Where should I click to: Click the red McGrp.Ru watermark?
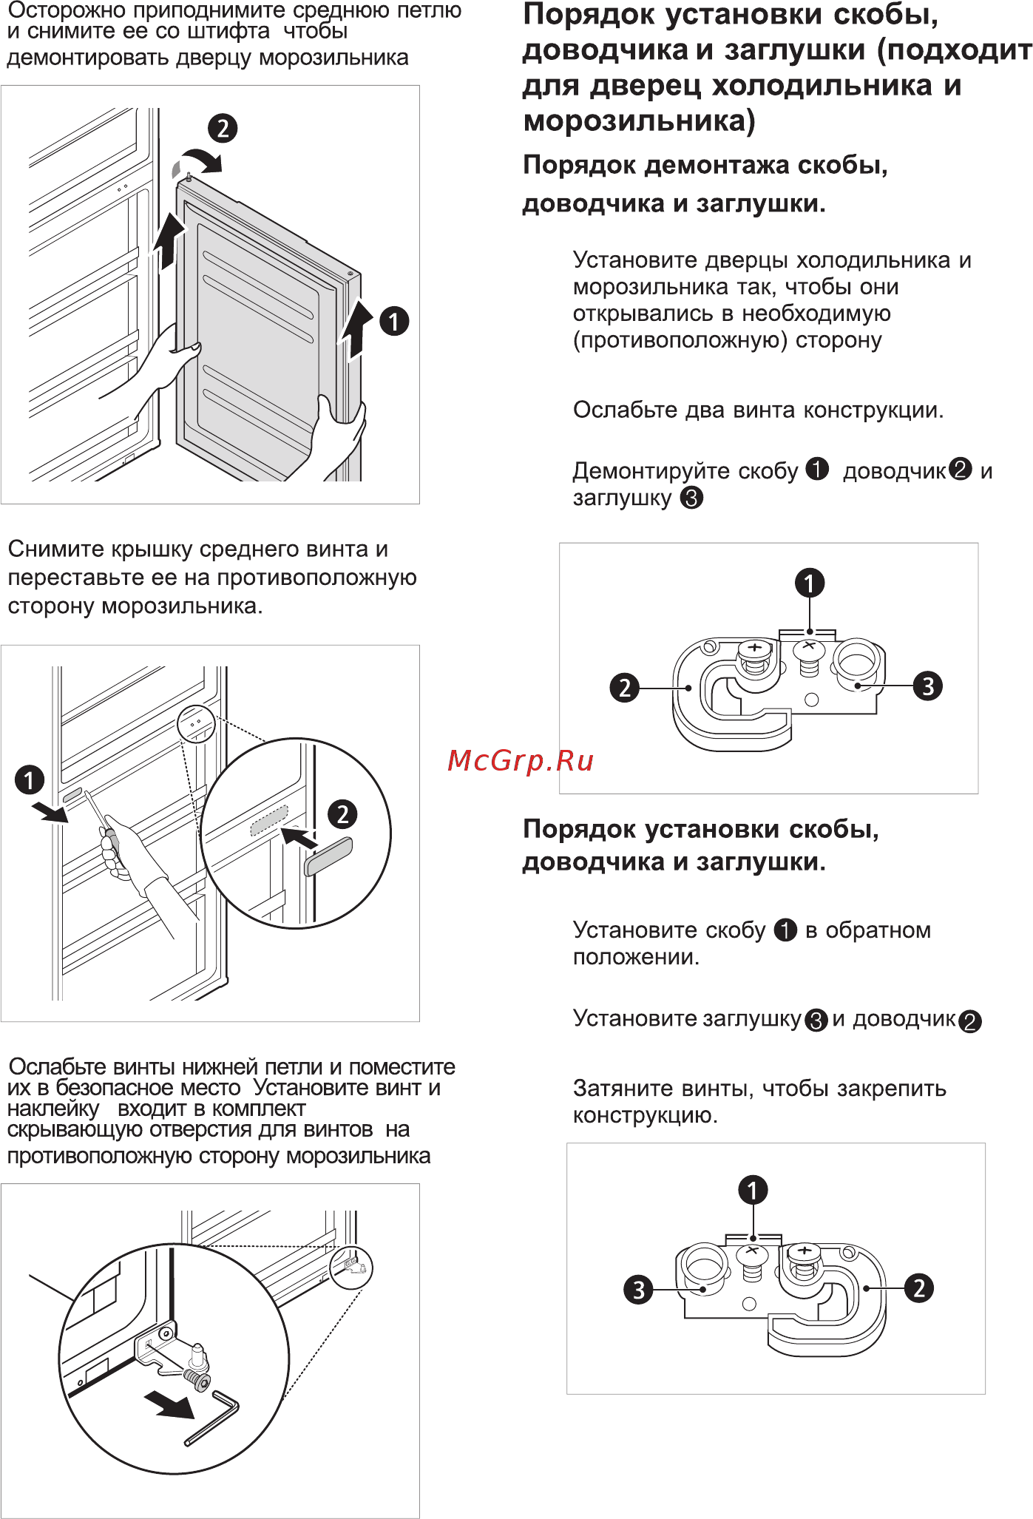coord(521,760)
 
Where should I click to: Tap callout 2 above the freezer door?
coord(223,128)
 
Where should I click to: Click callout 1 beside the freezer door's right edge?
coord(394,321)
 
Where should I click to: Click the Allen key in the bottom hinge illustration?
coord(212,1417)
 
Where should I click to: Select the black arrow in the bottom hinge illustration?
coord(169,1404)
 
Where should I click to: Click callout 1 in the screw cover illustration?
coord(30,779)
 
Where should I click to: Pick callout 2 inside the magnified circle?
coord(342,814)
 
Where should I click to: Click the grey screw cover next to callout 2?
coord(328,856)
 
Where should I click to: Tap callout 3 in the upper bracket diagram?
coord(928,686)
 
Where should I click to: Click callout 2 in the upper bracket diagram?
coord(624,687)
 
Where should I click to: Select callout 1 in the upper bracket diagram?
coord(810,583)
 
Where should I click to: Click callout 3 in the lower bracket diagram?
coord(638,1290)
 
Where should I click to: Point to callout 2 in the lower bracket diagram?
coord(919,1288)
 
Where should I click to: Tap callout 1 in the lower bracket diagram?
coord(753,1190)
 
